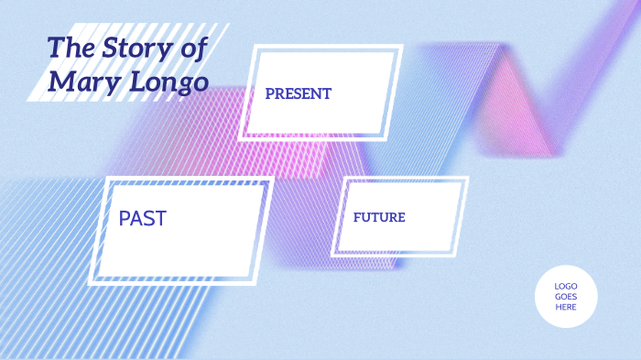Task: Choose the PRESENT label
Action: tap(298, 93)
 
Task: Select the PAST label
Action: tap(142, 218)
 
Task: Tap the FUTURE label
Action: tap(379, 218)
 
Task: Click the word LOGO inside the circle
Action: tap(566, 286)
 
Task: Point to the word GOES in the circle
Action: tap(566, 296)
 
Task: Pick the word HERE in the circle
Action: tap(566, 307)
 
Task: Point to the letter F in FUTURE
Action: tap(357, 218)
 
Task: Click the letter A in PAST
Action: tap(138, 218)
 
